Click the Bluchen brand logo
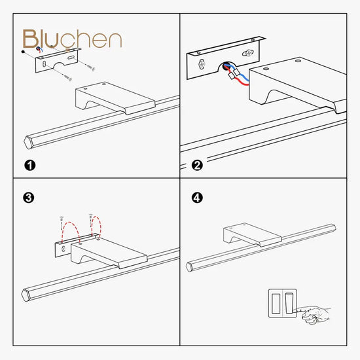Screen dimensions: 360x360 pyautogui.click(x=72, y=39)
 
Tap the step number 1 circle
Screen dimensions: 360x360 pyautogui.click(x=30, y=166)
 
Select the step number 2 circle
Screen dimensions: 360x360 pyautogui.click(x=197, y=166)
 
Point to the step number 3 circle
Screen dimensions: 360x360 pyautogui.click(x=29, y=198)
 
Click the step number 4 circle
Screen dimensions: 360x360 pyautogui.click(x=197, y=198)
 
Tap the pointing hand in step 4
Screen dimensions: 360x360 pyautogui.click(x=314, y=314)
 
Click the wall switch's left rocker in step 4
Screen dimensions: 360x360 pyautogui.click(x=276, y=303)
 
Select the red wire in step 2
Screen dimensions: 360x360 pyautogui.click(x=236, y=77)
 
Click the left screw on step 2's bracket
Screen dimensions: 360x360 pyautogui.click(x=202, y=64)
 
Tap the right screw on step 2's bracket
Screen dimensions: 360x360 pyautogui.click(x=248, y=53)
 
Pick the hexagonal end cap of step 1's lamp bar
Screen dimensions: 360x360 pyautogui.click(x=28, y=143)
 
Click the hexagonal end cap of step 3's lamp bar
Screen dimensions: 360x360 pyautogui.click(x=26, y=295)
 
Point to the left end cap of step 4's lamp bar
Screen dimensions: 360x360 pyautogui.click(x=189, y=267)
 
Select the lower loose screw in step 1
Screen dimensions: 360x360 pyautogui.click(x=67, y=77)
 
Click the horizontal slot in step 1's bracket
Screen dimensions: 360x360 pyautogui.click(x=71, y=58)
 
